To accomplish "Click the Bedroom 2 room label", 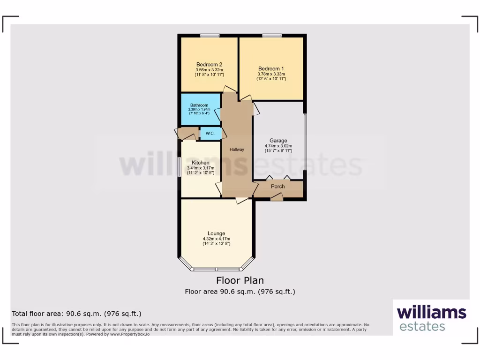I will coord(209,65).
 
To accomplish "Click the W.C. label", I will coord(210,134).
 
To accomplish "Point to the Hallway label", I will coord(237,150).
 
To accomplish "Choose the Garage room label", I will coord(278,141).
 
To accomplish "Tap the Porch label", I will coord(278,187).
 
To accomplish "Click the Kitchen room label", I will coord(200,163).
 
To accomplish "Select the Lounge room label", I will coord(217,233).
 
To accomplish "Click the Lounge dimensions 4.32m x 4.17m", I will coord(217,239).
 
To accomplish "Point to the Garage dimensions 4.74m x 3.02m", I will coord(278,146).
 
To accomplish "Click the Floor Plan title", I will coord(240,281).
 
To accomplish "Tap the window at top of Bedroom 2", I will coord(210,35).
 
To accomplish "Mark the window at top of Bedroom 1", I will coord(272,35).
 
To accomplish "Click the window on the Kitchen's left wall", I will coord(179,167).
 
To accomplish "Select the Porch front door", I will coord(277,199).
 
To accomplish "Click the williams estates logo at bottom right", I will coord(431,318).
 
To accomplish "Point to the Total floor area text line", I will coord(76,314).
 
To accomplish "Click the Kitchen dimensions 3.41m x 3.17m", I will coord(200,168).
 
